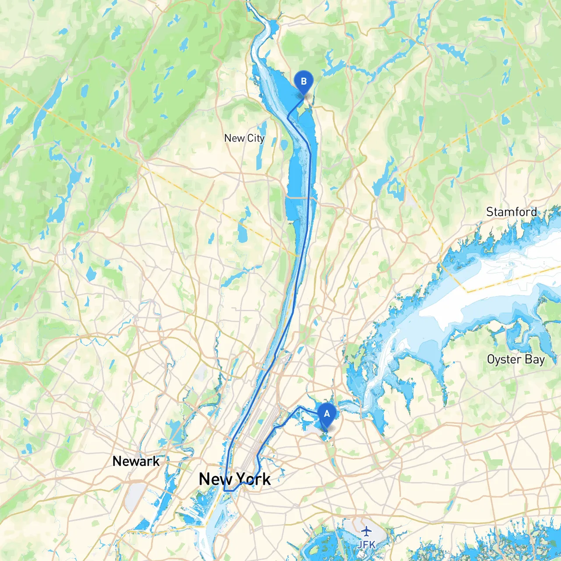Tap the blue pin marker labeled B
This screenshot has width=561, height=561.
pos(303,82)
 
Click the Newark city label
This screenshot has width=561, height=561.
pos(136,461)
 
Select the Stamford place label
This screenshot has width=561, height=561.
pos(511,212)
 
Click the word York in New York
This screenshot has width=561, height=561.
pos(253,479)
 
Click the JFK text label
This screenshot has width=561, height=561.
pos(366,544)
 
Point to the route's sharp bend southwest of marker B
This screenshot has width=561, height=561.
pos(288,118)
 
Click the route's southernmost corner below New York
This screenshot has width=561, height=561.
pos(225,490)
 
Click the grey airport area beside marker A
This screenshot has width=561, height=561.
pos(312,430)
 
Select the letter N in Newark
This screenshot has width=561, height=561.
pos(117,461)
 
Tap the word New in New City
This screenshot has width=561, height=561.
pos(234,138)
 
